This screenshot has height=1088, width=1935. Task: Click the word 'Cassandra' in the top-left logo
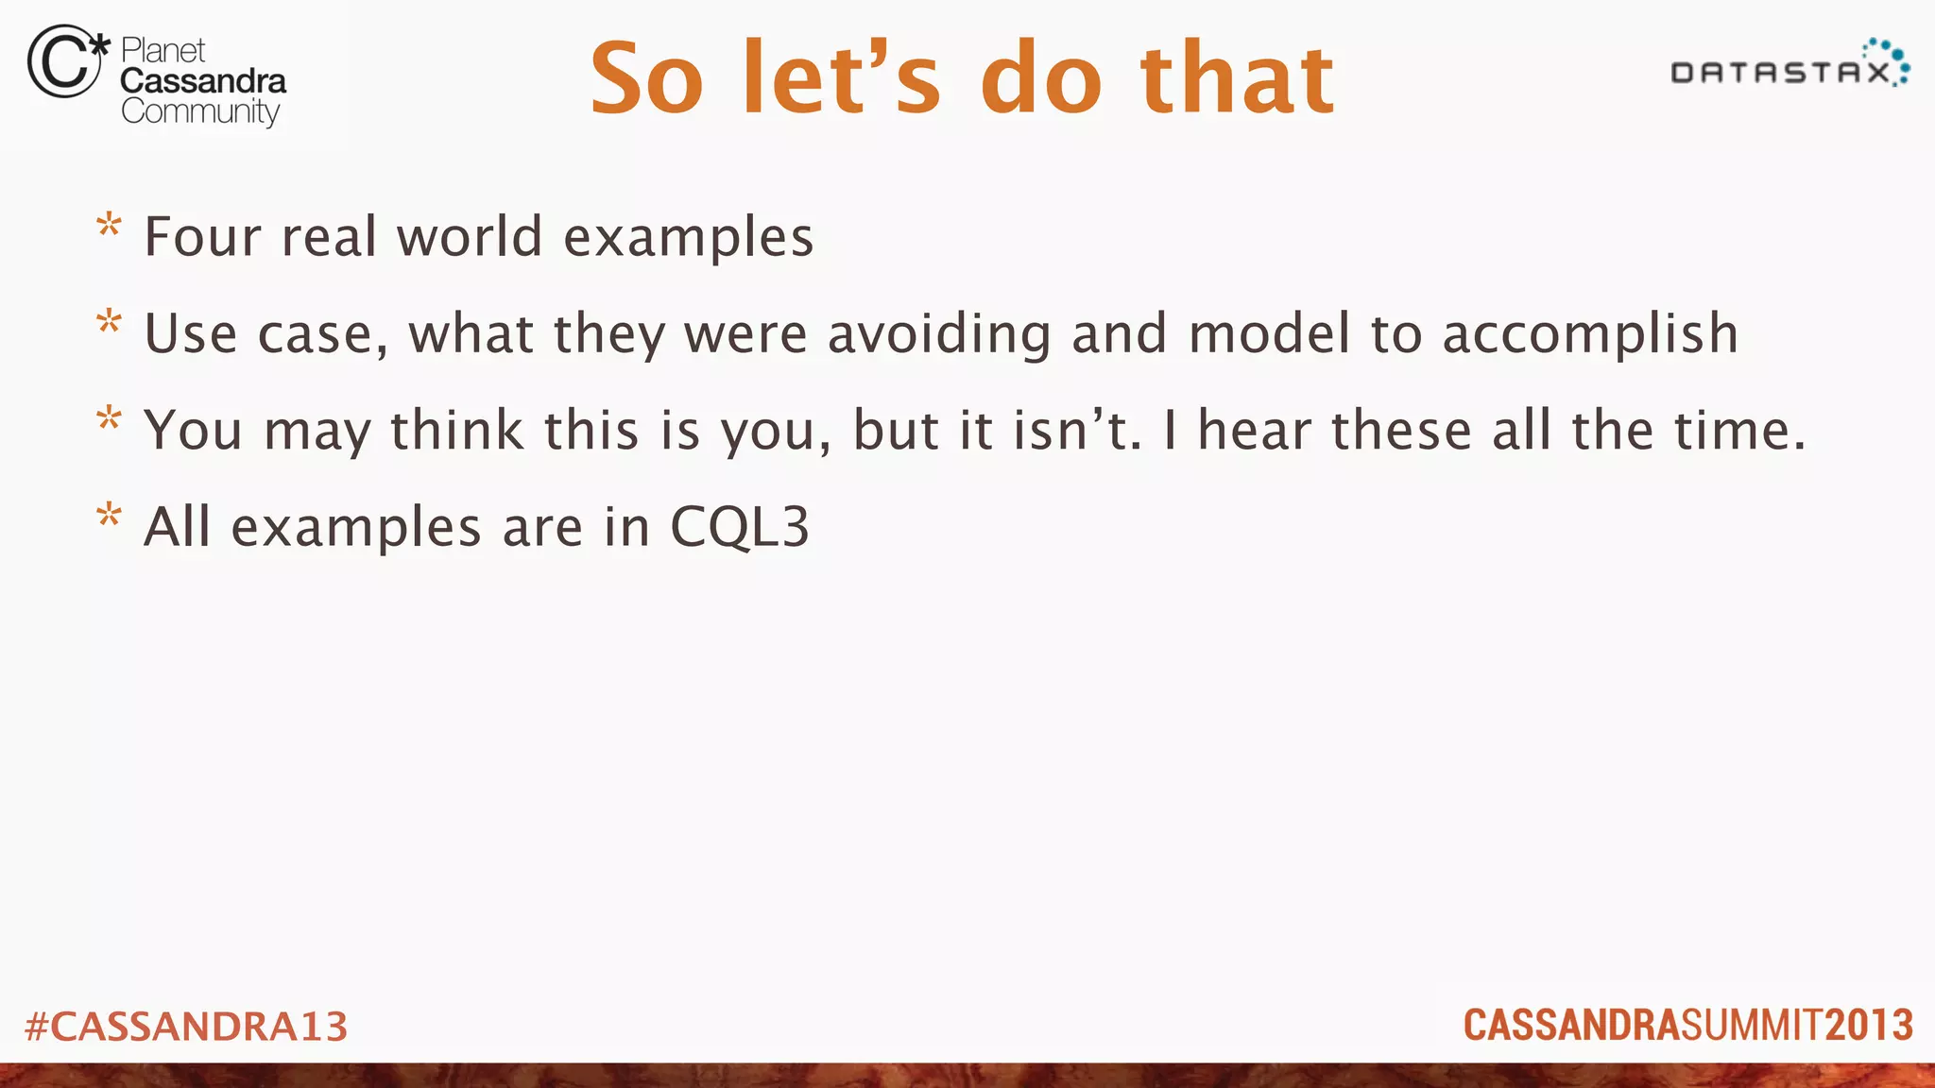[203, 81]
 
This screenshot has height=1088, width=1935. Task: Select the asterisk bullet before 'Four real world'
[110, 227]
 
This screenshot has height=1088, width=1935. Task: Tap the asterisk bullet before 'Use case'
[110, 323]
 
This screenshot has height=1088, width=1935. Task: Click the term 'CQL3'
[739, 527]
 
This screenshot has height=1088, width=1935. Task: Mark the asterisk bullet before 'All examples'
[110, 517]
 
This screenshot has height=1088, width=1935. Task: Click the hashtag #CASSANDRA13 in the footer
[186, 1027]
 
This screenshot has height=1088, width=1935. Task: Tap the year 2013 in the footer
[1869, 1026]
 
